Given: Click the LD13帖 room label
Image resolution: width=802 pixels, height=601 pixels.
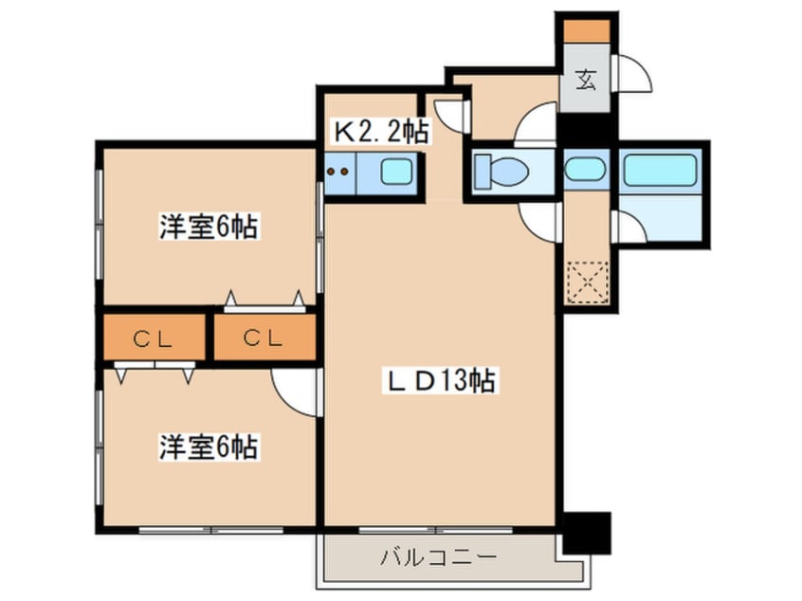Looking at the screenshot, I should coord(440,381).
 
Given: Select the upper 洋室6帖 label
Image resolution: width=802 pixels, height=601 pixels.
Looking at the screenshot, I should coord(209,228).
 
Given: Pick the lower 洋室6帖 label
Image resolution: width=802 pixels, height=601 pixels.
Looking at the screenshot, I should coord(209,446).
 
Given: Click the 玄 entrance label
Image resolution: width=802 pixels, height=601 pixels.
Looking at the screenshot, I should coord(586,81).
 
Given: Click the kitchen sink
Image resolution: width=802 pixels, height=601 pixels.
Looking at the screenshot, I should coord(395,173).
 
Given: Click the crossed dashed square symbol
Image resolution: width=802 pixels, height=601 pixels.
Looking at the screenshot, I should coord(585,281).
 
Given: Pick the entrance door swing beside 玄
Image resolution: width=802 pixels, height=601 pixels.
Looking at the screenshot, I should coord(631,74).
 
